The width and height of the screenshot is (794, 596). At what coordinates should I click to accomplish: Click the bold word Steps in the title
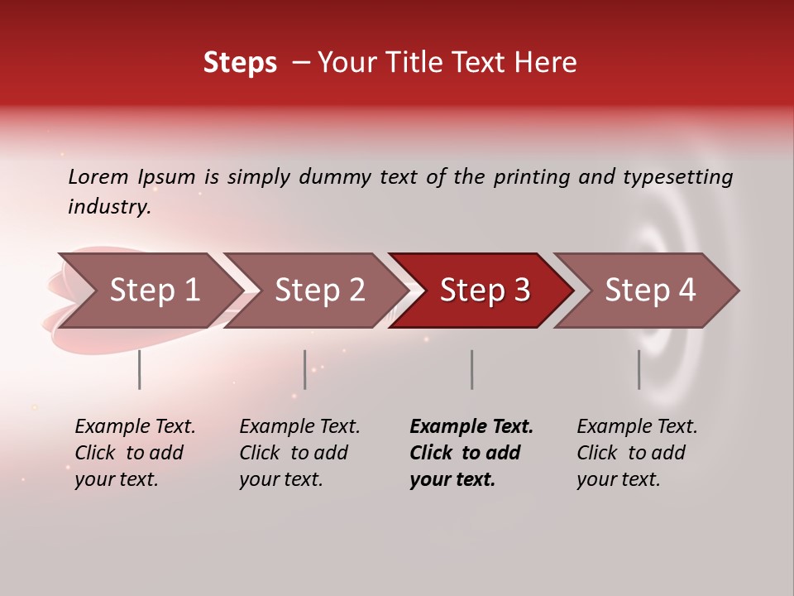[240, 63]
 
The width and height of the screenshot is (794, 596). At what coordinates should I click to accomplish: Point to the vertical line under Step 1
[140, 369]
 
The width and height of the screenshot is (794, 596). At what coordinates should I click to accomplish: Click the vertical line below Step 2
[305, 369]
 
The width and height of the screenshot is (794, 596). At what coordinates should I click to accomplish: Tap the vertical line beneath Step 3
[471, 369]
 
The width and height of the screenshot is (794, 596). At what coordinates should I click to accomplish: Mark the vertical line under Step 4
[639, 369]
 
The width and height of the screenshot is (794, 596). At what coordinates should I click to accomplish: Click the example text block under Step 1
[135, 453]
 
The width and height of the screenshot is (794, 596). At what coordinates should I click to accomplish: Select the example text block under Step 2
[299, 453]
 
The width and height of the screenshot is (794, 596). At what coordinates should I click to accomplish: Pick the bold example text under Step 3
[471, 453]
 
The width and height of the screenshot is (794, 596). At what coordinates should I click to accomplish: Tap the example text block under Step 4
[637, 453]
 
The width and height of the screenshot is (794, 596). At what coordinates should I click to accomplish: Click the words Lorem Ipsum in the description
[132, 177]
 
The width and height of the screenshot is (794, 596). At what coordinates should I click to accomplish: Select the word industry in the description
[108, 207]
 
